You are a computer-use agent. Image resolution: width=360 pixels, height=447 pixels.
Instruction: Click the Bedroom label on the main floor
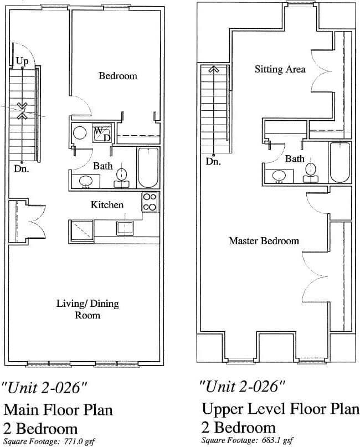pyautogui.click(x=117, y=76)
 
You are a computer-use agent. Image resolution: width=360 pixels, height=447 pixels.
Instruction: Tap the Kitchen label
pyautogui.click(x=107, y=205)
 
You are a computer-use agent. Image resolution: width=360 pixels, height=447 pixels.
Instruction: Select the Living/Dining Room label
pyautogui.click(x=88, y=309)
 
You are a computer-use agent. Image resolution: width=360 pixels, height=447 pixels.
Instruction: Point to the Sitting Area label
pyautogui.click(x=280, y=69)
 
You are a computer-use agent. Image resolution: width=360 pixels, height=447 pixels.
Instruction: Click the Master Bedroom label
pyautogui.click(x=264, y=241)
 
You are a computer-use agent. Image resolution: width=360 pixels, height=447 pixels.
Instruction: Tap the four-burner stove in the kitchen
pyautogui.click(x=149, y=202)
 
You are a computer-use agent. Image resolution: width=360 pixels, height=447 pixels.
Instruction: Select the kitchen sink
pyautogui.click(x=125, y=228)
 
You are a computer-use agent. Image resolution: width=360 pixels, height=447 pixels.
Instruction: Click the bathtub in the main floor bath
pyautogui.click(x=147, y=167)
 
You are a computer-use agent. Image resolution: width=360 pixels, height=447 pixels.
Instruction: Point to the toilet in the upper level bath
pyautogui.click(x=311, y=170)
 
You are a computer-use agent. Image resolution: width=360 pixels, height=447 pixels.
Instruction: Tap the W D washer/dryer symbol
pyautogui.click(x=101, y=133)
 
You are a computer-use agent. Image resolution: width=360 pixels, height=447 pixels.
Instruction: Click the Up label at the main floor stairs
pyautogui.click(x=22, y=61)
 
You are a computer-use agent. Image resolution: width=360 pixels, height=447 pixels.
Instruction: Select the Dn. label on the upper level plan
pyautogui.click(x=213, y=162)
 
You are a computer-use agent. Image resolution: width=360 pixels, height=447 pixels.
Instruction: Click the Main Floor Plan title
pyautogui.click(x=58, y=410)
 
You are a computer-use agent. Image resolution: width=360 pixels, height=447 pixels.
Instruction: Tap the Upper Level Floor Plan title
pyautogui.click(x=280, y=410)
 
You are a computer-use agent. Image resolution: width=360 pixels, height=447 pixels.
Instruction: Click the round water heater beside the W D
pyautogui.click(x=79, y=133)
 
